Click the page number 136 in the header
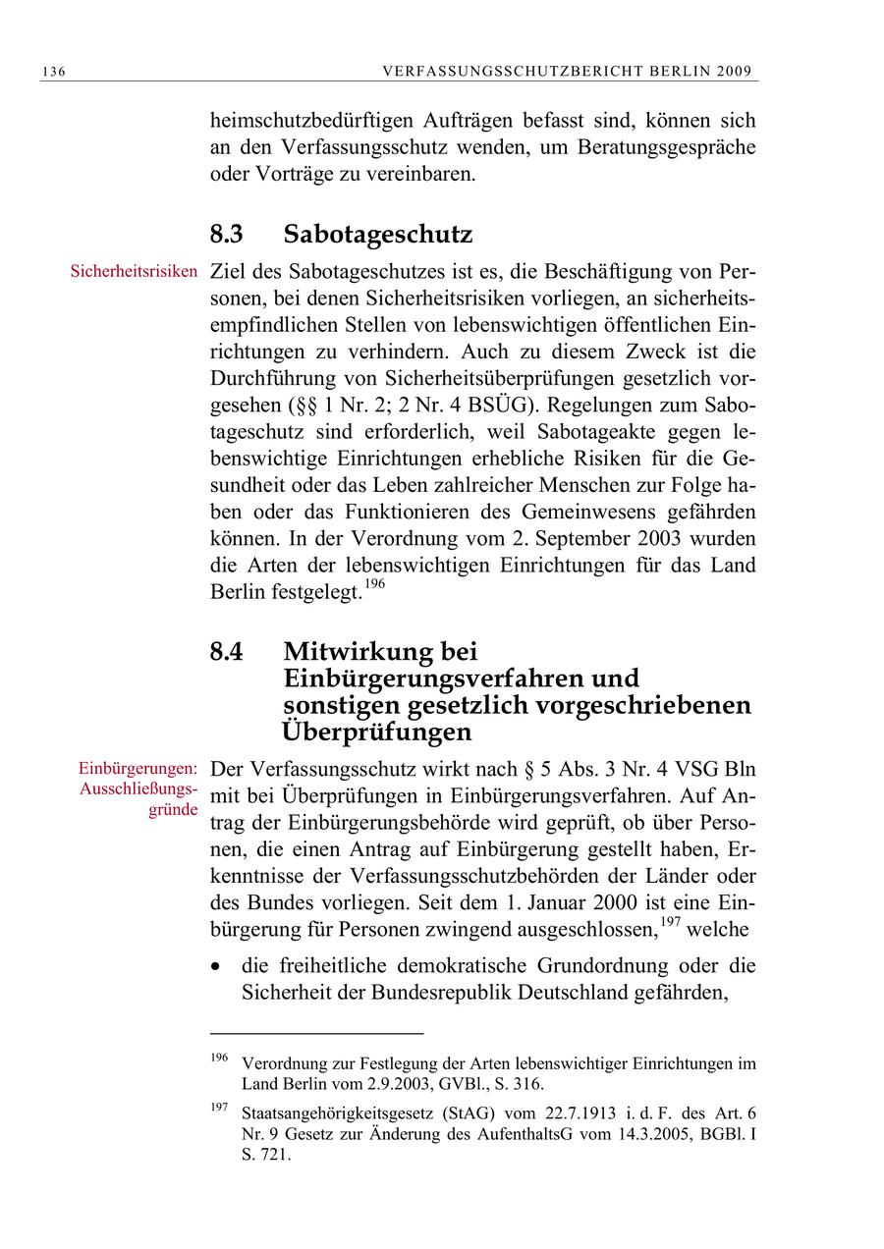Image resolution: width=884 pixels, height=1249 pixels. [x=53, y=71]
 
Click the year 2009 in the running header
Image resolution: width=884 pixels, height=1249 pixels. [x=736, y=71]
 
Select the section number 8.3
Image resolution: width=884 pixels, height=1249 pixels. [x=227, y=235]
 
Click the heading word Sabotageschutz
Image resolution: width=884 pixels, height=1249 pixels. [x=378, y=235]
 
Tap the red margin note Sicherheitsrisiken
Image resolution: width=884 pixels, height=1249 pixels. [x=135, y=270]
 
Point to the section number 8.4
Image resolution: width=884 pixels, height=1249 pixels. [x=227, y=651]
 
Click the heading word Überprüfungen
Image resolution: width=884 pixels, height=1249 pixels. [x=376, y=732]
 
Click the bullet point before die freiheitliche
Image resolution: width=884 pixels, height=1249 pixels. [x=217, y=966]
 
